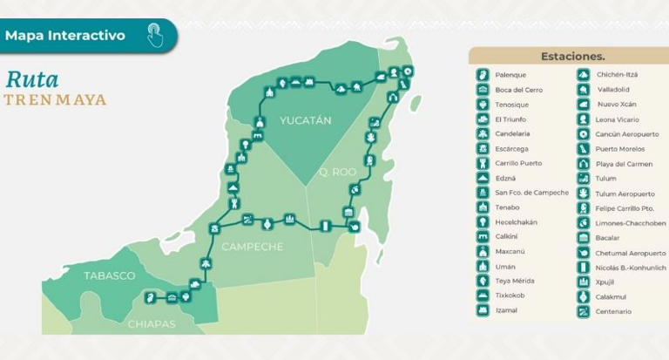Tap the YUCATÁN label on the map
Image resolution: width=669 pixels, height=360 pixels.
click(x=305, y=120)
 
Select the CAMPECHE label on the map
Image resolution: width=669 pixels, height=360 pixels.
click(x=252, y=247)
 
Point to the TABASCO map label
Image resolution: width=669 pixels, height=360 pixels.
click(x=109, y=275)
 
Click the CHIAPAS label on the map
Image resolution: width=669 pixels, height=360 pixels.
click(x=152, y=324)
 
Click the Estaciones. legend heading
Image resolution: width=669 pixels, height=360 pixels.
click(x=572, y=56)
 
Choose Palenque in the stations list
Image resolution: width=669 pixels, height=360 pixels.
click(x=510, y=75)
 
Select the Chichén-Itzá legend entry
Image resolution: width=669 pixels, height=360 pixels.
click(x=617, y=75)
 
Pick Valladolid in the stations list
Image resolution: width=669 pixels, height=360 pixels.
click(x=613, y=90)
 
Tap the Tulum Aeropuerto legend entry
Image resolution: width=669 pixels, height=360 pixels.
click(x=625, y=194)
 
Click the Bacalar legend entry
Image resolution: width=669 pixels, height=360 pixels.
click(x=608, y=237)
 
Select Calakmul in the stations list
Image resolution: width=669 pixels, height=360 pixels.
click(x=612, y=296)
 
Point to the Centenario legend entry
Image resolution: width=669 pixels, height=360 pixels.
click(x=613, y=311)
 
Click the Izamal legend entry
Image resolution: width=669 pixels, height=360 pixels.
click(x=507, y=310)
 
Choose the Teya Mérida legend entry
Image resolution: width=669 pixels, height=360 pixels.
click(x=515, y=281)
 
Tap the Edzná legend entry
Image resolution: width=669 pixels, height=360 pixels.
click(x=507, y=178)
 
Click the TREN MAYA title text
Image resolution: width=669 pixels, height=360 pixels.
click(x=55, y=99)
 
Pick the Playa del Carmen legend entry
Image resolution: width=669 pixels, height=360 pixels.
click(x=625, y=164)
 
